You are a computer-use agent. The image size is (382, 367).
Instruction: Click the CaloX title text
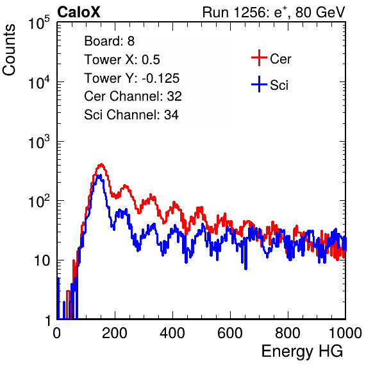point(79,12)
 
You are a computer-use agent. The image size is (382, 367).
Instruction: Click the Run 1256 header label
point(274,12)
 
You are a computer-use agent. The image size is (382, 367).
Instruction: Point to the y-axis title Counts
point(9,50)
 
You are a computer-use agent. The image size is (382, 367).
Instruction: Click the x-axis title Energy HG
point(302,352)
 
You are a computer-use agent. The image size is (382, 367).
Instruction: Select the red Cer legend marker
point(259,58)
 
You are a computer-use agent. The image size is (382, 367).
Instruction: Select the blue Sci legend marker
point(259,84)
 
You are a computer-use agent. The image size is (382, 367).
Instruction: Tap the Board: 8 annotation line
point(109,41)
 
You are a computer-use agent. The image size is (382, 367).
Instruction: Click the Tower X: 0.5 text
point(122,60)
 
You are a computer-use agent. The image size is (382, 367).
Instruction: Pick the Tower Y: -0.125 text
point(131,78)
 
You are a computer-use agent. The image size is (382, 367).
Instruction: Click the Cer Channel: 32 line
point(133,96)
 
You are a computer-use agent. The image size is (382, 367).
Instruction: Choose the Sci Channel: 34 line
point(131,115)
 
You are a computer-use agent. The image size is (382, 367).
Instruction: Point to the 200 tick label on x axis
point(115,332)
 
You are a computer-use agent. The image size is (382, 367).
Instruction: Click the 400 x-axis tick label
point(172,332)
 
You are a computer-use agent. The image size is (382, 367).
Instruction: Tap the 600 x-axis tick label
point(230,332)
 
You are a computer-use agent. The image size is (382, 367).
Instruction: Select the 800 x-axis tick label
point(288,332)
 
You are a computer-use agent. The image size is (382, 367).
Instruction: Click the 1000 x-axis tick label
point(345,332)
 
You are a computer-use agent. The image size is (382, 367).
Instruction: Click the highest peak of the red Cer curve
point(101,164)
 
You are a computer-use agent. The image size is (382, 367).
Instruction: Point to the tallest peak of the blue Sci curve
point(99,176)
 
